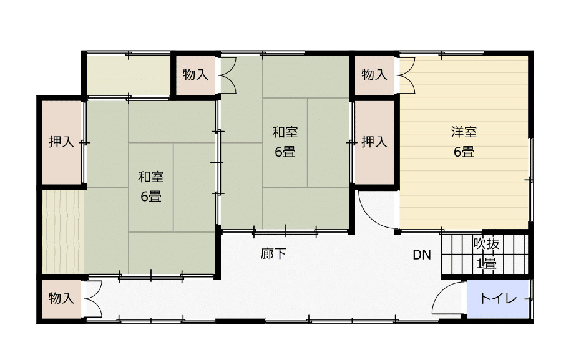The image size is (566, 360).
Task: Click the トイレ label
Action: click(x=498, y=299)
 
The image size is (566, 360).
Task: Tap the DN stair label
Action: click(x=422, y=255)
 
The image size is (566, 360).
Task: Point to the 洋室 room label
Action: click(x=464, y=132)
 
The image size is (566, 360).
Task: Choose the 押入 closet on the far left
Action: click(x=62, y=142)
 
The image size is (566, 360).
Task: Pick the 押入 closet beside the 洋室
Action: click(x=374, y=142)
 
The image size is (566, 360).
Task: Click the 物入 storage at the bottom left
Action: click(x=62, y=299)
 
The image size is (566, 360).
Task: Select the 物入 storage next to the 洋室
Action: click(x=374, y=75)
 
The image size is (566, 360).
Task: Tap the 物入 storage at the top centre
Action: click(x=195, y=75)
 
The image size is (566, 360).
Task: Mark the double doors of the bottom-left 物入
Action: click(x=92, y=299)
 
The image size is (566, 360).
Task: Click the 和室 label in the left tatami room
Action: click(x=151, y=177)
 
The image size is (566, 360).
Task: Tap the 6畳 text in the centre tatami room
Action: click(x=285, y=151)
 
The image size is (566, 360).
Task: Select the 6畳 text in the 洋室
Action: click(x=464, y=151)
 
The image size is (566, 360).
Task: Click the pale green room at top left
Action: click(x=129, y=75)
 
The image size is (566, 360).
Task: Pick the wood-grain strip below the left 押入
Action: click(x=62, y=231)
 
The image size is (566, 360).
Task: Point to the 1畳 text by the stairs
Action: click(x=486, y=263)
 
